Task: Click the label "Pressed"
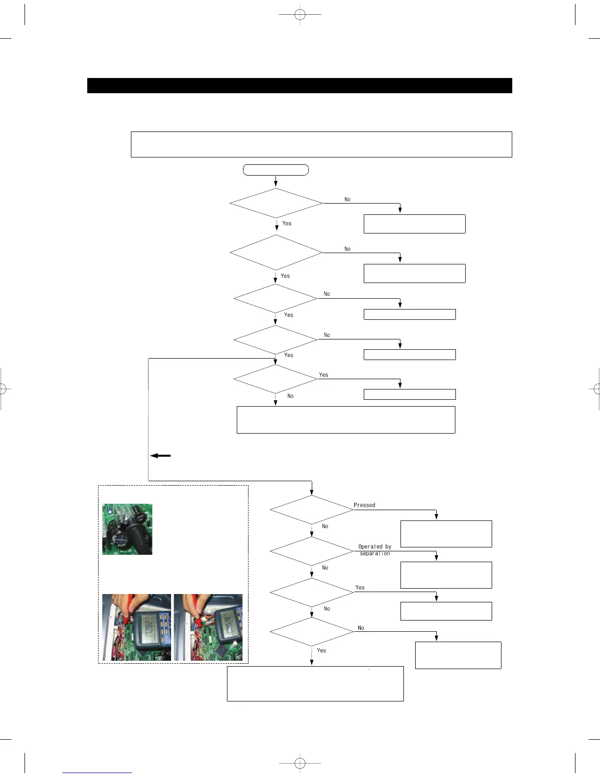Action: [x=364, y=505]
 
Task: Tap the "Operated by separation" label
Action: [x=375, y=550]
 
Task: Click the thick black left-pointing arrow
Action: [x=160, y=456]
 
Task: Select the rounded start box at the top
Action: [x=276, y=170]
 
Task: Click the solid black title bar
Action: [x=300, y=85]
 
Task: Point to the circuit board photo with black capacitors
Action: [x=127, y=529]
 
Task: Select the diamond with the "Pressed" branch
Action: [x=311, y=510]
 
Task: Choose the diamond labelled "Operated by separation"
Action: [x=311, y=551]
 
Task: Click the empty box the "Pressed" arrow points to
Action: [x=446, y=534]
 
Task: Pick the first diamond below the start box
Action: [x=276, y=203]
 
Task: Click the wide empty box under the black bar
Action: [x=321, y=144]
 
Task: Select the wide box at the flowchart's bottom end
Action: [x=315, y=683]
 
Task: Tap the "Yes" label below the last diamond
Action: [x=322, y=650]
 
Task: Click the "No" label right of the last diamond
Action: [x=361, y=628]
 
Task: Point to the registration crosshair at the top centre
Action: [x=300, y=15]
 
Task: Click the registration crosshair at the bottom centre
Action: [x=300, y=763]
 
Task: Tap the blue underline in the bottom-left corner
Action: [x=97, y=773]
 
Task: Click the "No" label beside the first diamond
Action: [x=348, y=200]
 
